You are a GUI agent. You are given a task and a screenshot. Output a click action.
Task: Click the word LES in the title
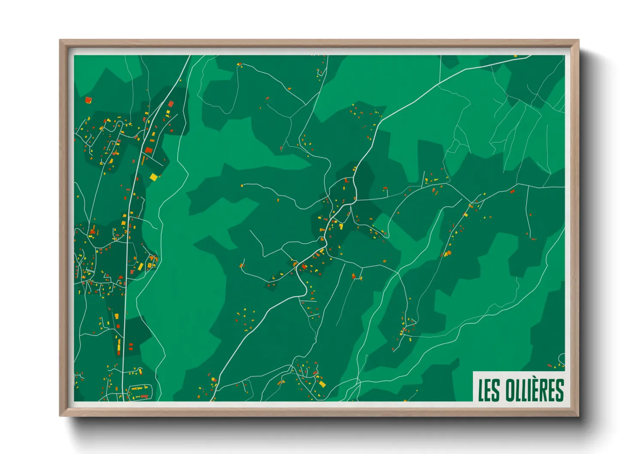[489, 390]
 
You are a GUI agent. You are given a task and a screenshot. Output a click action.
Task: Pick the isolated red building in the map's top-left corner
[88, 100]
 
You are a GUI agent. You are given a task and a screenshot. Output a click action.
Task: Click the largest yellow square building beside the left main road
[154, 177]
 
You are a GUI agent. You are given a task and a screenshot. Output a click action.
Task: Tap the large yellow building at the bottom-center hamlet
[322, 384]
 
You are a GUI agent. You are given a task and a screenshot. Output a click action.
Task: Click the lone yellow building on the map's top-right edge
[515, 56]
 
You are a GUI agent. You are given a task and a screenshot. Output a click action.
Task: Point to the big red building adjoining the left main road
[149, 150]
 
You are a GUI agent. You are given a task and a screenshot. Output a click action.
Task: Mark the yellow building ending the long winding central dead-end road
[242, 185]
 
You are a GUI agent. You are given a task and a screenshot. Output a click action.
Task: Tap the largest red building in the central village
[304, 267]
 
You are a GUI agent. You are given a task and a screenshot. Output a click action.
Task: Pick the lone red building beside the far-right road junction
[512, 191]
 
